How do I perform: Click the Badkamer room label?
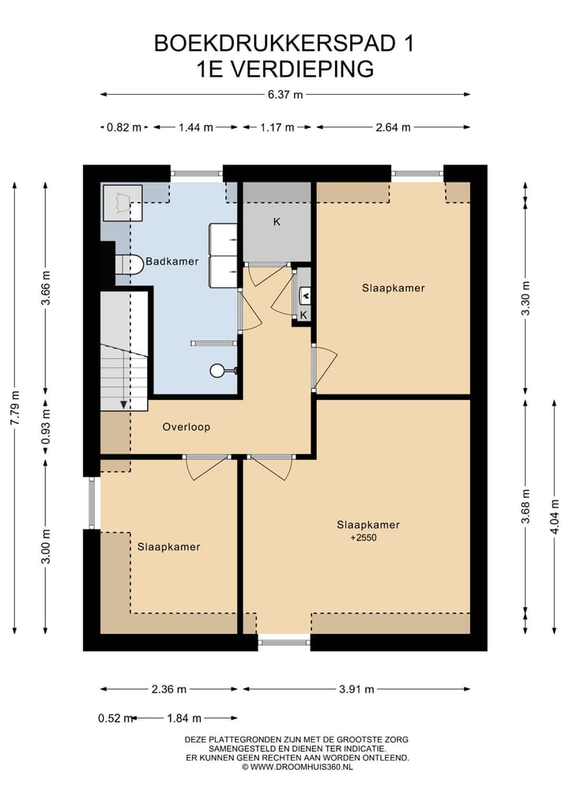(x=171, y=261)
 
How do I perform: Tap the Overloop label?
(x=186, y=427)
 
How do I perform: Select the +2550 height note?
(x=364, y=538)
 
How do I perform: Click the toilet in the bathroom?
(x=129, y=265)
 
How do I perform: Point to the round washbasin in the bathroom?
(x=217, y=370)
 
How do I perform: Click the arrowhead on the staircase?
(x=123, y=405)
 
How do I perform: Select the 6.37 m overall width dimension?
(x=285, y=94)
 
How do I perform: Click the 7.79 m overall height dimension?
(x=15, y=408)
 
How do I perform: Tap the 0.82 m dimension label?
(x=123, y=127)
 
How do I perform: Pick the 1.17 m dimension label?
(x=277, y=127)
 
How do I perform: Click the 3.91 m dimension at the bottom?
(x=356, y=689)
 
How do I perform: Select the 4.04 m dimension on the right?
(x=554, y=516)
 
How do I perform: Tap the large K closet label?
(x=277, y=222)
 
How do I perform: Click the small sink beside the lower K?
(x=304, y=296)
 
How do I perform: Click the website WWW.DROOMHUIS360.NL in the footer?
(x=301, y=767)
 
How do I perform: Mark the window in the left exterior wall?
(x=92, y=503)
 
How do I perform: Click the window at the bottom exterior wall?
(x=284, y=641)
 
